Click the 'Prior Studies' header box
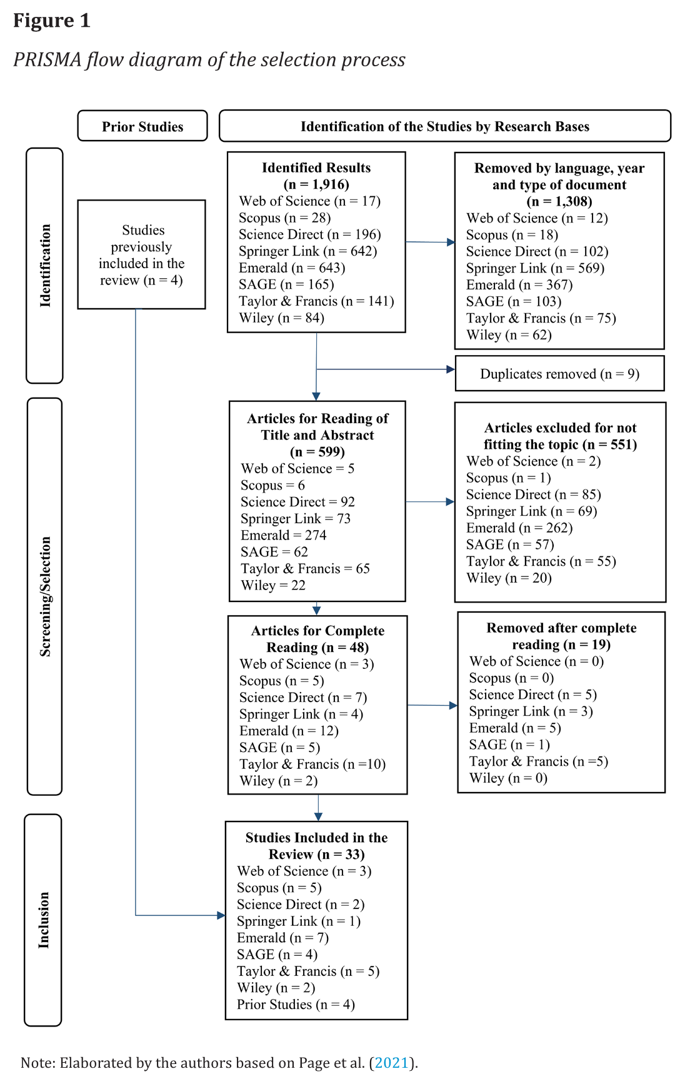click(x=142, y=126)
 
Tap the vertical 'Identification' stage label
click(x=45, y=266)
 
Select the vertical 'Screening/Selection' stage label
click(x=45, y=596)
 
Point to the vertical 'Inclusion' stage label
click(x=43, y=920)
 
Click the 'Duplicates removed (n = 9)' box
click(x=559, y=374)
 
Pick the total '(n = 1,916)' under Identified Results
click(x=316, y=184)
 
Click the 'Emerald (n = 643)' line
click(x=292, y=268)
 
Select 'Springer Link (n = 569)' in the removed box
click(x=535, y=268)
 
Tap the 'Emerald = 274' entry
click(x=284, y=535)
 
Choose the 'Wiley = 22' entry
click(x=273, y=585)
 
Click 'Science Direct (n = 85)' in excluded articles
click(x=534, y=494)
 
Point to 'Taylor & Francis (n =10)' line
click(x=312, y=764)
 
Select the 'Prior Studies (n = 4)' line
click(x=296, y=1004)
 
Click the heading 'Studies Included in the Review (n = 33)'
click(x=316, y=846)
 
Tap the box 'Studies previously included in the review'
click(x=142, y=254)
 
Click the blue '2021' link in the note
click(x=391, y=1063)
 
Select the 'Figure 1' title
click(x=52, y=21)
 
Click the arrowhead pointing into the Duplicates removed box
click(x=451, y=369)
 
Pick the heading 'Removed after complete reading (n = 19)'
click(x=561, y=636)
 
